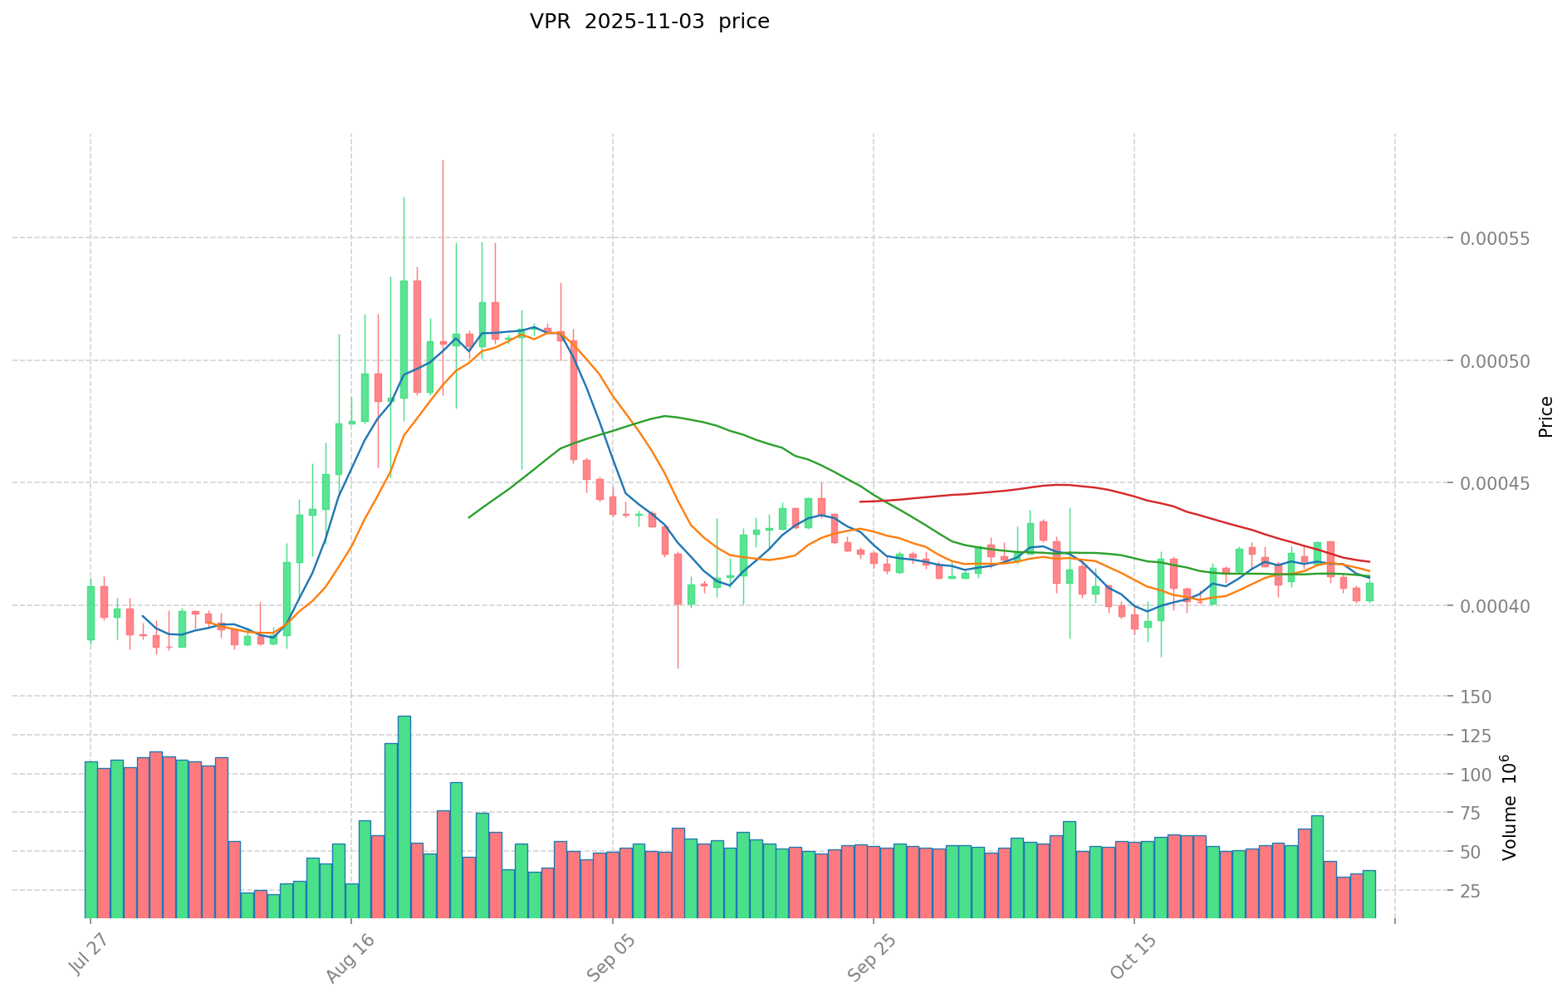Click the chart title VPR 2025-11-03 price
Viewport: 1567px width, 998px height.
click(x=649, y=22)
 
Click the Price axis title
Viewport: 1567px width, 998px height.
click(x=1545, y=417)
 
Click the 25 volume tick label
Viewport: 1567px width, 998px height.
click(x=1483, y=891)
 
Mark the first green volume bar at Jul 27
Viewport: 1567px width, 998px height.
click(x=91, y=839)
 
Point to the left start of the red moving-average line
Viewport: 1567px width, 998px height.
click(x=860, y=501)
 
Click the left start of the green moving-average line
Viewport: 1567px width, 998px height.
click(x=469, y=517)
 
